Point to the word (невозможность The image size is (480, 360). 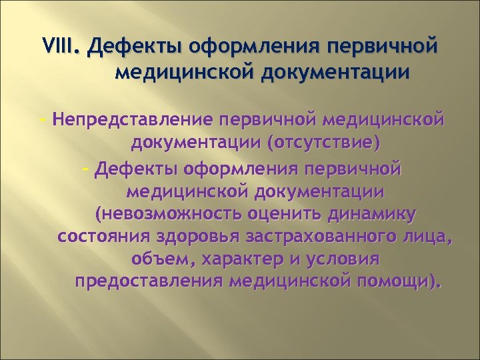(x=169, y=214)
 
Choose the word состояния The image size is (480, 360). (x=103, y=237)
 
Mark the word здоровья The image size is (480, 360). (x=193, y=237)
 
